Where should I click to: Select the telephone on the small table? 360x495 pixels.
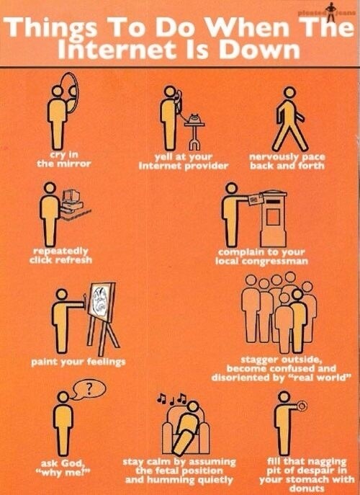[194, 119]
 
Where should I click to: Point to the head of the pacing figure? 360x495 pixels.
[289, 93]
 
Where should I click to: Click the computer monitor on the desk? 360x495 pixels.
[71, 195]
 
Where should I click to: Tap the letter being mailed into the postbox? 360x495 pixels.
[256, 200]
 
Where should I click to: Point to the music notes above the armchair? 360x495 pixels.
[172, 398]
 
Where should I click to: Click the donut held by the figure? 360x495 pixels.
[302, 406]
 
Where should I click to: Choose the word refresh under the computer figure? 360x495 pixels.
[74, 260]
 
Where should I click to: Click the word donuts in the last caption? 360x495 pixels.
[307, 489]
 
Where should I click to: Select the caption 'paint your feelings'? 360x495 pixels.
[78, 362]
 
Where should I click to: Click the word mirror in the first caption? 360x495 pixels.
[77, 164]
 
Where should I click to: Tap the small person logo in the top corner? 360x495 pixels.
[330, 13]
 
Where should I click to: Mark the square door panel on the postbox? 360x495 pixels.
[273, 217]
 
